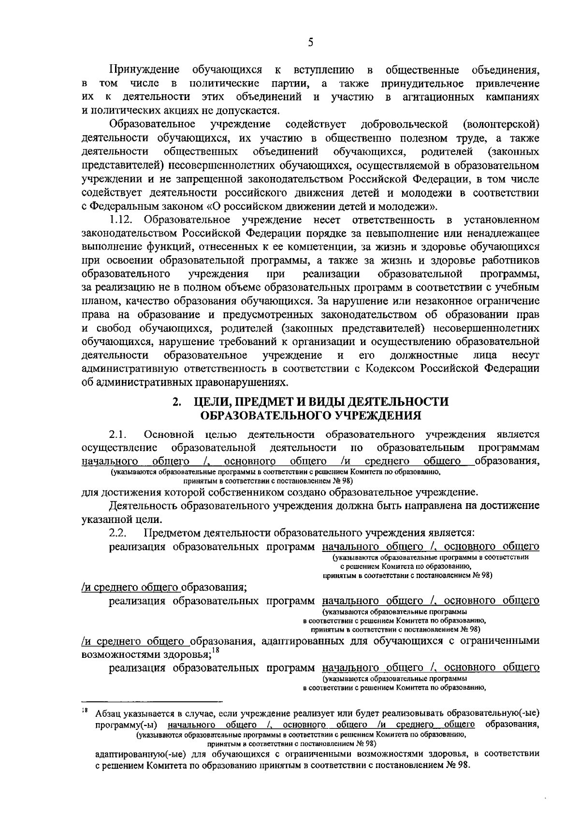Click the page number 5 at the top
click(x=310, y=43)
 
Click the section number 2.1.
click(x=118, y=433)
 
